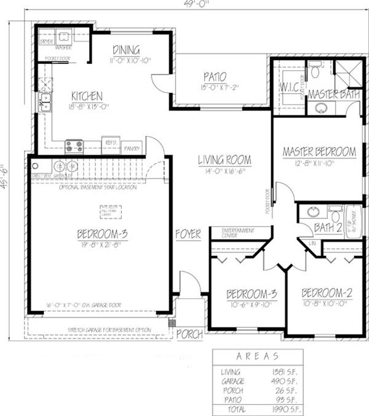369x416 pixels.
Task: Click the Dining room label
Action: click(x=126, y=50)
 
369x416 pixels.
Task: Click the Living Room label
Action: click(x=224, y=160)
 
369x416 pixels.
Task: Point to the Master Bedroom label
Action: click(x=319, y=151)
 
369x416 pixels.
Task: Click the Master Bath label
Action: click(x=333, y=94)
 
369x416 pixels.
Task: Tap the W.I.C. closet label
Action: click(x=289, y=86)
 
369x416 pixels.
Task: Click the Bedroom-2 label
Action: click(x=326, y=292)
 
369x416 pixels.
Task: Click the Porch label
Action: click(x=189, y=334)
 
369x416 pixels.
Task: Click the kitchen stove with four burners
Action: click(x=74, y=146)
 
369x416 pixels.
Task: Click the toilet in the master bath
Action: click(x=314, y=72)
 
